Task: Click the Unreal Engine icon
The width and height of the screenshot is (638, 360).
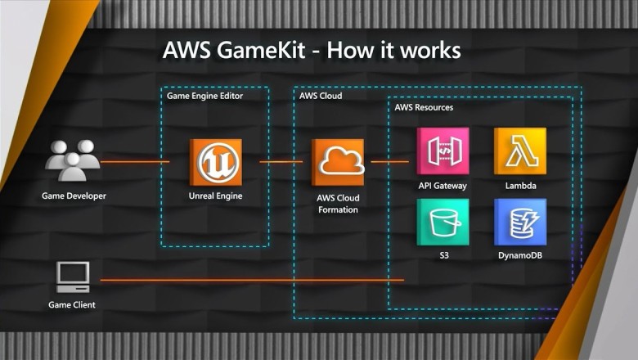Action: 215,162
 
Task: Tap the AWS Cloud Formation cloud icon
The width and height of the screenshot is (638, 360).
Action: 338,162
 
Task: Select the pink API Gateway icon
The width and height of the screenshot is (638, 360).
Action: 443,151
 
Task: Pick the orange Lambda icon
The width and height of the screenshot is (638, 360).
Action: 519,151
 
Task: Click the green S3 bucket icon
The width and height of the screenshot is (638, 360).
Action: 443,222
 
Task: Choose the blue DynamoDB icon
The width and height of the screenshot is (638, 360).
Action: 519,222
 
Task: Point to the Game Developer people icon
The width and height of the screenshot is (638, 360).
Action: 73,160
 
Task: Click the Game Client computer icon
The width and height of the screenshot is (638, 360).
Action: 73,277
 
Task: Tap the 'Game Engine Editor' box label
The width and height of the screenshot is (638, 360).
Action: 204,96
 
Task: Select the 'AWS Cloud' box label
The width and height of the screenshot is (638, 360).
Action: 321,96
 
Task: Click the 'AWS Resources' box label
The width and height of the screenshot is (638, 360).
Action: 424,107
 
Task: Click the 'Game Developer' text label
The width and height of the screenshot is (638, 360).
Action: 74,196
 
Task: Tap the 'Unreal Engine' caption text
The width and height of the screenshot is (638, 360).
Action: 215,196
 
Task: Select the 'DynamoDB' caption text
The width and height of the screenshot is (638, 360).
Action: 519,255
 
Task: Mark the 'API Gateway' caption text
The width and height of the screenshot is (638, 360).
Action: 443,186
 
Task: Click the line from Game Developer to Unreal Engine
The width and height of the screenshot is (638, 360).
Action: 135,162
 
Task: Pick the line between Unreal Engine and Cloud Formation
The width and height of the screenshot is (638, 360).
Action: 281,162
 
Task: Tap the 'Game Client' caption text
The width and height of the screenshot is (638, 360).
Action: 72,304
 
